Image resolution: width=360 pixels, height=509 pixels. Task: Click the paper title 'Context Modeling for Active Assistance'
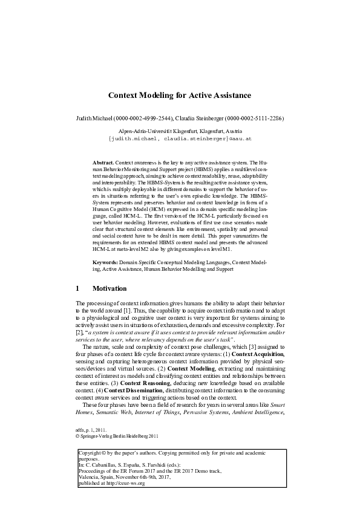click(179, 96)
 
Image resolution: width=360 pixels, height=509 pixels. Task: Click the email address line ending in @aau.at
click(179, 138)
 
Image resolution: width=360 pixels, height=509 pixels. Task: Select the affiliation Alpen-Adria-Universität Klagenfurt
click(159, 131)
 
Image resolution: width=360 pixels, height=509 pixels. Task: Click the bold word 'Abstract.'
click(103, 164)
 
